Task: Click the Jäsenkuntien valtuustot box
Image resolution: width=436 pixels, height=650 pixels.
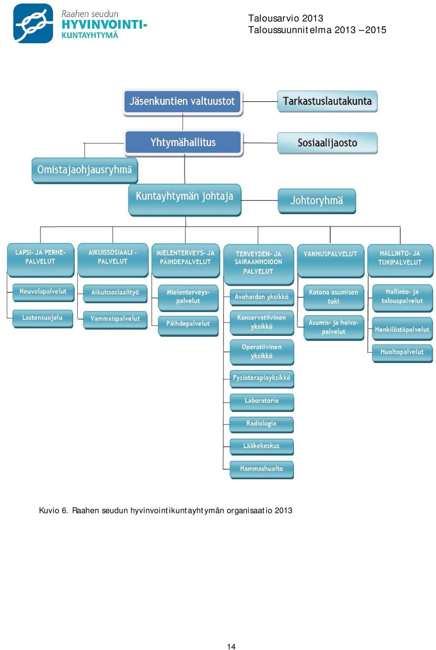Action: click(x=183, y=102)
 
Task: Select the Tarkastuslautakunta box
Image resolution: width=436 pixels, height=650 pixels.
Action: click(x=327, y=101)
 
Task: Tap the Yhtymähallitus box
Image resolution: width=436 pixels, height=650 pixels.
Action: click(x=183, y=143)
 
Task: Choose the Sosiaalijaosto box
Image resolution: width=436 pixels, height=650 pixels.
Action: click(x=327, y=143)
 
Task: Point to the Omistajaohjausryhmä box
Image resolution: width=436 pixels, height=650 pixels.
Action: click(x=84, y=170)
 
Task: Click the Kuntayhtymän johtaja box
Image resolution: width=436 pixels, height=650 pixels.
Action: click(x=184, y=200)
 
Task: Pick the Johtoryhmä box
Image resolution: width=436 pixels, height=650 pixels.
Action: click(x=317, y=201)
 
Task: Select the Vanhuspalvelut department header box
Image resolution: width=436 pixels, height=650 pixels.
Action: click(x=331, y=261)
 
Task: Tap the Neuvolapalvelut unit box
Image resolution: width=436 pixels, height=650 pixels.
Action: click(x=43, y=292)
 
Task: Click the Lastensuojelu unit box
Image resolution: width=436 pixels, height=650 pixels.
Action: click(x=43, y=319)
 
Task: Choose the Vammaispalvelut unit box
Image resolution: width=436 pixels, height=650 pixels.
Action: click(x=115, y=320)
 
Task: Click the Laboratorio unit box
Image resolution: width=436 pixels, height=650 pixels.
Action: click(x=262, y=402)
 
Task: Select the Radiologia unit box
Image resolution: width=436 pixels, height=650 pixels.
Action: click(x=261, y=425)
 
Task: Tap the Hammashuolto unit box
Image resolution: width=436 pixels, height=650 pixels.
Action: click(x=261, y=470)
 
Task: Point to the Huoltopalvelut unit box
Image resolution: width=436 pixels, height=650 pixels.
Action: click(x=402, y=354)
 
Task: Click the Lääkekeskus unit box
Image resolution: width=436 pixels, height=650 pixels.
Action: click(x=261, y=447)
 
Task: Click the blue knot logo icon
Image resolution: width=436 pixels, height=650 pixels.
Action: click(x=33, y=23)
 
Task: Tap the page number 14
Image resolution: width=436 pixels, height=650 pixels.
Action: click(x=231, y=646)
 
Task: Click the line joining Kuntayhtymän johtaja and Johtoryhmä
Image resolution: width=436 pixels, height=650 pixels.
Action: click(x=259, y=200)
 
